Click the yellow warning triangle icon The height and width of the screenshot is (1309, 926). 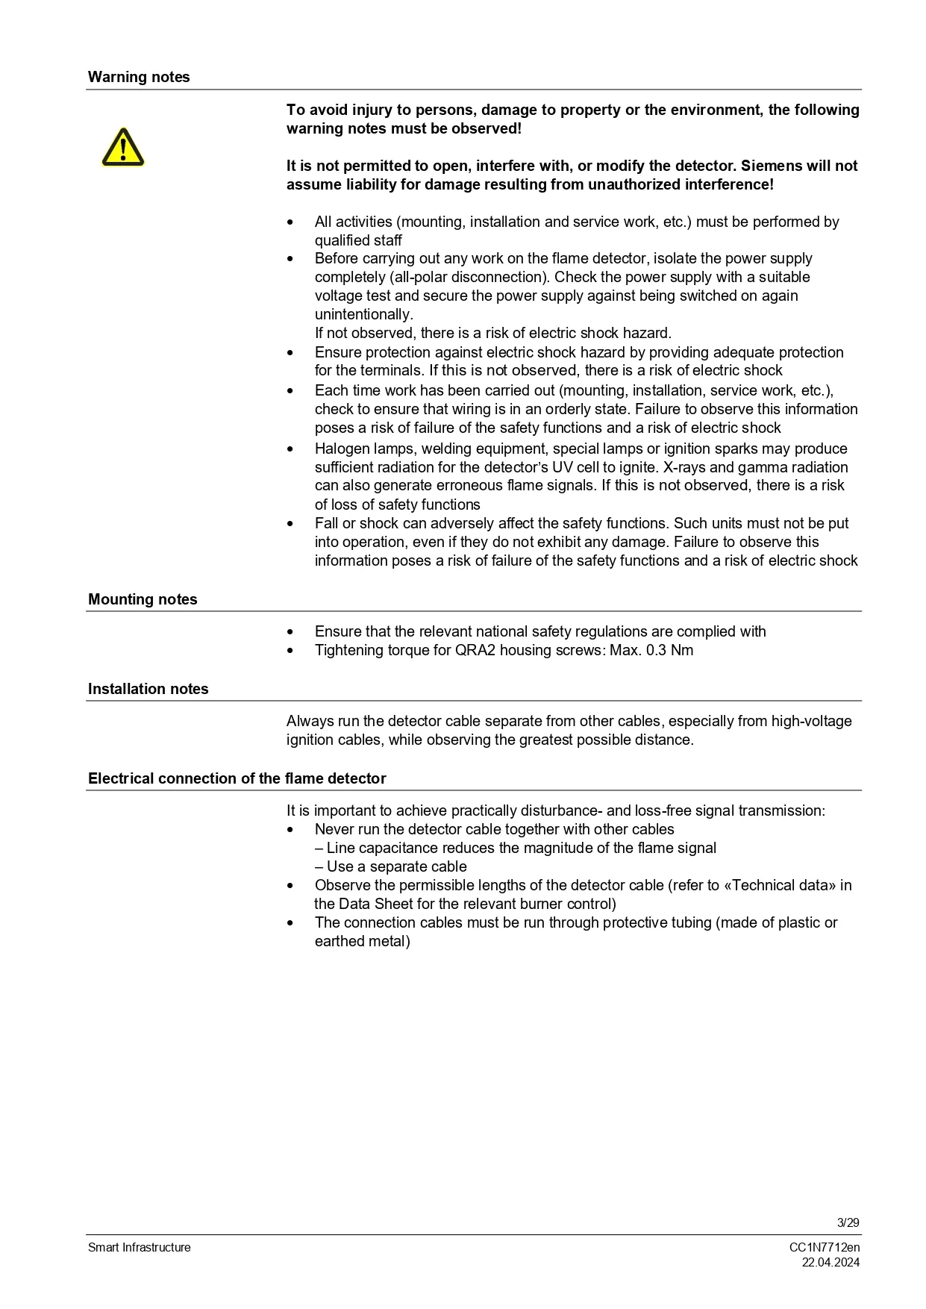pyautogui.click(x=122, y=147)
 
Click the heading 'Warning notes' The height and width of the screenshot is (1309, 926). pyautogui.click(x=139, y=77)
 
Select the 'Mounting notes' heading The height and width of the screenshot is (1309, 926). pyautogui.click(x=143, y=599)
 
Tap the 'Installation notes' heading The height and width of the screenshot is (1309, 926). pyautogui.click(x=148, y=689)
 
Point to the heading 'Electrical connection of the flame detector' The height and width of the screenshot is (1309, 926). pyautogui.click(x=237, y=778)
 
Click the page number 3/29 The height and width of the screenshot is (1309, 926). pyautogui.click(x=848, y=1222)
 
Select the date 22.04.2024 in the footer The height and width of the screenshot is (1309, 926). pyautogui.click(x=830, y=1262)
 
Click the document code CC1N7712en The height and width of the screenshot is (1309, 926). pyautogui.click(x=824, y=1247)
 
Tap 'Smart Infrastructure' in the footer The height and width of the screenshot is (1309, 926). pyautogui.click(x=140, y=1247)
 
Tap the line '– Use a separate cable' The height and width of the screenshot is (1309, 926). pyautogui.click(x=390, y=866)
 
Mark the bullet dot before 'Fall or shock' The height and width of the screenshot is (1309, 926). pyautogui.click(x=290, y=524)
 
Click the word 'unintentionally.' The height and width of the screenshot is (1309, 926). pyautogui.click(x=363, y=314)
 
